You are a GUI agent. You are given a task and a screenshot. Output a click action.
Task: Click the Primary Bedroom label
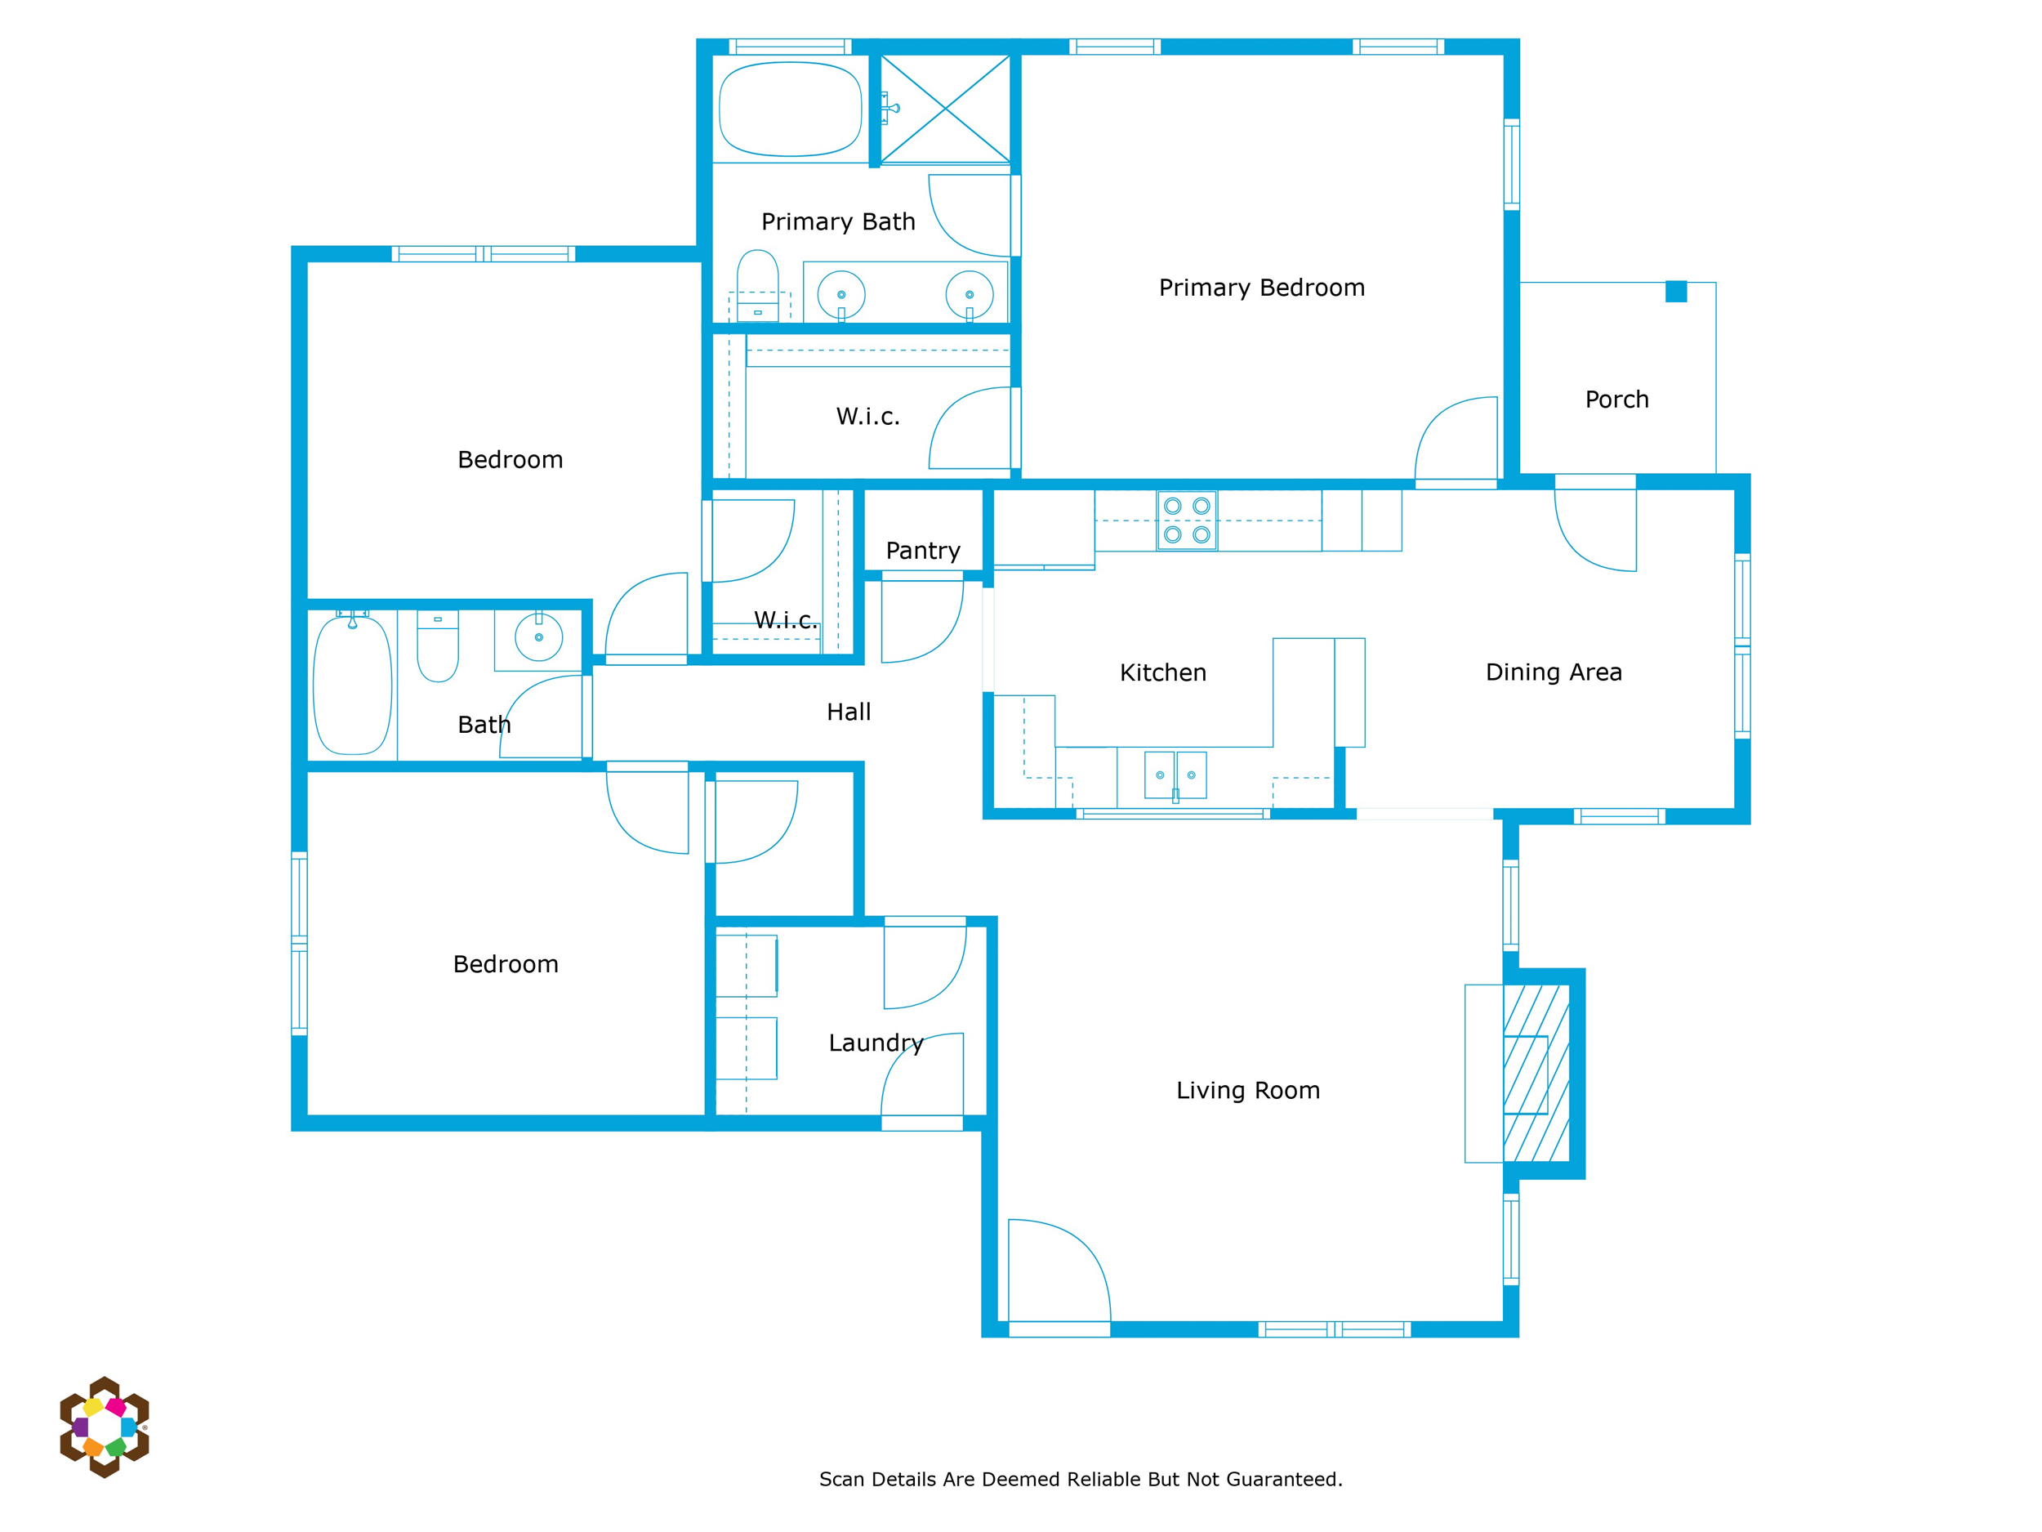(1261, 288)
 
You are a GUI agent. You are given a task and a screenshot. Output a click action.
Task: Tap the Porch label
(1616, 400)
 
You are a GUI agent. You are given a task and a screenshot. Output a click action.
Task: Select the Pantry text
(923, 552)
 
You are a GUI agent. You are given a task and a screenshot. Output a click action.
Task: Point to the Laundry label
(876, 1043)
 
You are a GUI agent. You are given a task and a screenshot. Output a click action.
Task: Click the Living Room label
(1248, 1091)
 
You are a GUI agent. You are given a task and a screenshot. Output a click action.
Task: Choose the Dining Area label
(1554, 672)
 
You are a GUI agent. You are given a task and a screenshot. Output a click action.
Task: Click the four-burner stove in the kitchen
(1187, 520)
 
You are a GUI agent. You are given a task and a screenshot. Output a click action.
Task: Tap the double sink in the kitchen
(1175, 775)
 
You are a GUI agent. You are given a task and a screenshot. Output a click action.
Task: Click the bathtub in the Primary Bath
(790, 109)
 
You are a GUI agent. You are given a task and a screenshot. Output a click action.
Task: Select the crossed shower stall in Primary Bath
(945, 109)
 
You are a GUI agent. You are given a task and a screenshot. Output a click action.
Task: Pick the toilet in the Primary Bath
(758, 285)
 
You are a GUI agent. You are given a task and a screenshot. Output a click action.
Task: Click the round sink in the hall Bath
(539, 637)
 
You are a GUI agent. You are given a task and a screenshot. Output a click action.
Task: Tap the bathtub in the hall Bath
(353, 686)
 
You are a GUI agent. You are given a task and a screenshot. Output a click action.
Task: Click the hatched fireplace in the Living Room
(1536, 1074)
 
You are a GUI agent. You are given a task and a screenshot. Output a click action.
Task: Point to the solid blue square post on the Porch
(1676, 292)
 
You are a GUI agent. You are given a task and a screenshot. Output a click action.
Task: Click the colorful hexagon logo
(105, 1427)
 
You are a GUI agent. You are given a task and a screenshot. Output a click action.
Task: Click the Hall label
(849, 712)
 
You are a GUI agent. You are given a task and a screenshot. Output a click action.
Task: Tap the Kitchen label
(1163, 673)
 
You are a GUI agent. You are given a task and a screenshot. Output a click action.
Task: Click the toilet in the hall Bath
(438, 645)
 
